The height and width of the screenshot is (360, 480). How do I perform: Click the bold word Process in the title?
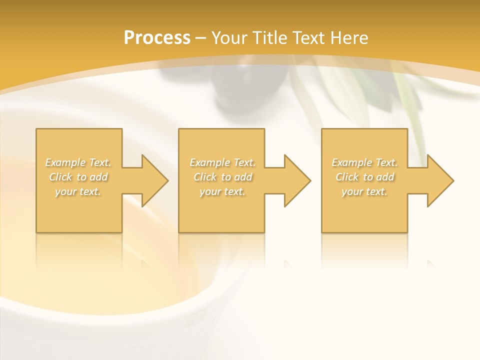click(x=157, y=38)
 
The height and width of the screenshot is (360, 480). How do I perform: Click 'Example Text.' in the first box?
click(x=78, y=162)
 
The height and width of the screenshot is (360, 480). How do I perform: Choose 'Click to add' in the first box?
click(x=78, y=177)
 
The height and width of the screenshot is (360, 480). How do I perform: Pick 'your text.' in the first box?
click(x=78, y=191)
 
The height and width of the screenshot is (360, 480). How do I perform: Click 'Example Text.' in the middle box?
click(x=222, y=162)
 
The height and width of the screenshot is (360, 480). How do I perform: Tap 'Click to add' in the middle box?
click(x=222, y=177)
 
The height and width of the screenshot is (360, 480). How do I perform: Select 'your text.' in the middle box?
click(x=222, y=191)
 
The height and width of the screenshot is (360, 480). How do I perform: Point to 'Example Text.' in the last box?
click(x=364, y=162)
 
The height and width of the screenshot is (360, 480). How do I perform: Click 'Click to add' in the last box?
click(x=364, y=177)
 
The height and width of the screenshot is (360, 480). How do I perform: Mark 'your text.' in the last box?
click(x=364, y=191)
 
